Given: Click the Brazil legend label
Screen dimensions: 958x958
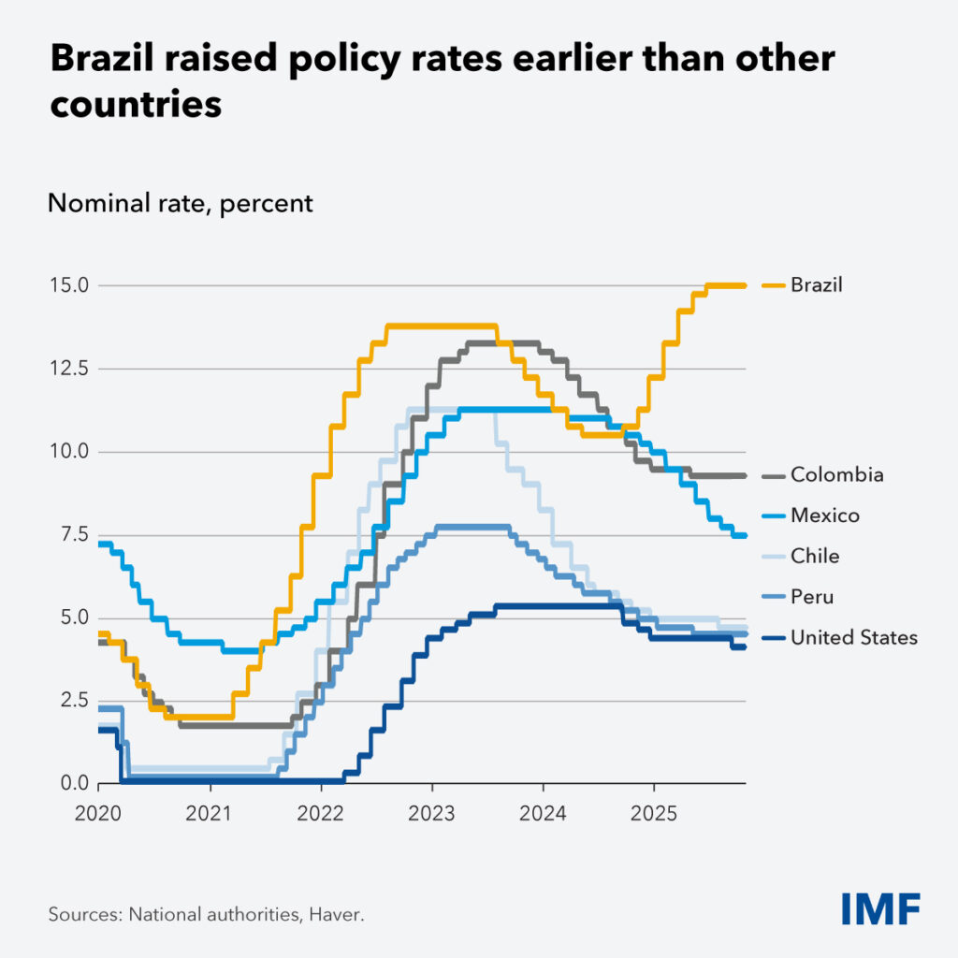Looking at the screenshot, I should coord(816,284).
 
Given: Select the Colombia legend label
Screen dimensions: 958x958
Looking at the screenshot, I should coord(836,475).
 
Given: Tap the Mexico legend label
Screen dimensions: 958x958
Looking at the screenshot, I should coord(824,515).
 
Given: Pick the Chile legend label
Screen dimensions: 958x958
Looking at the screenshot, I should coord(814,556).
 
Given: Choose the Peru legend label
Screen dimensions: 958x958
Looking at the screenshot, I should coord(811,597).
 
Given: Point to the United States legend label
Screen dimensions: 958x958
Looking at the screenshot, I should coord(853,638).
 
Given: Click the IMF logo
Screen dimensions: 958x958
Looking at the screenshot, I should coord(879,907).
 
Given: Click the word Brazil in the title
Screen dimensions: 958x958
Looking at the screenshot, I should coord(109,60).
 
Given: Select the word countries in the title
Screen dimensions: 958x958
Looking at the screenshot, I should coord(136,104).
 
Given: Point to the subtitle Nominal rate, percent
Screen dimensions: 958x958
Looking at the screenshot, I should coord(181,203).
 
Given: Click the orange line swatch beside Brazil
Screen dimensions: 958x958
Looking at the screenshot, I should coord(773,284).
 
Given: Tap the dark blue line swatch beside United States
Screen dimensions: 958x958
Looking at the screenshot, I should coord(773,638).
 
